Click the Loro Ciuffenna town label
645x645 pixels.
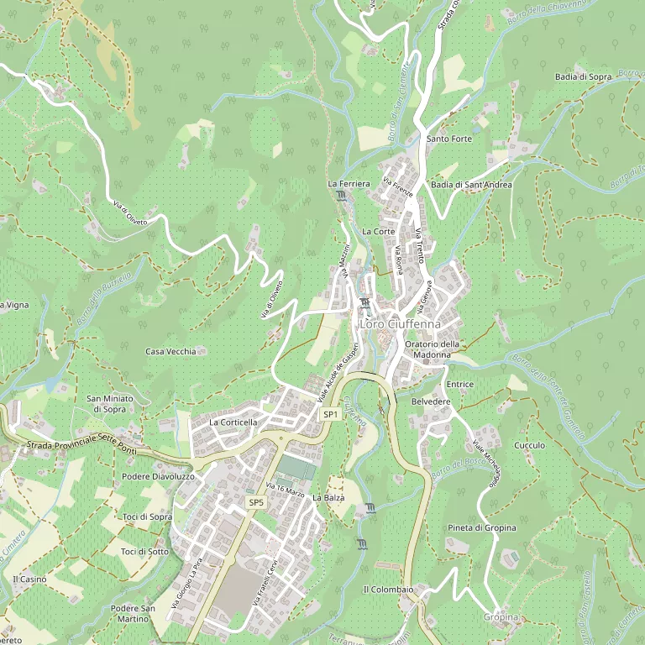(x=400, y=324)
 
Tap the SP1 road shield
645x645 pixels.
(x=330, y=415)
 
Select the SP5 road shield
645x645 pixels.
(x=256, y=502)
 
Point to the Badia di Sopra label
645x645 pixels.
(x=583, y=76)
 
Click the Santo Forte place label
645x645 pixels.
(x=449, y=139)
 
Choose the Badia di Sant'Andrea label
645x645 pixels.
(x=470, y=185)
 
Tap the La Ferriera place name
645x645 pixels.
(x=349, y=183)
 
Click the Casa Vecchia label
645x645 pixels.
(x=170, y=351)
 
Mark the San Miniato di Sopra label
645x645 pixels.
(x=107, y=404)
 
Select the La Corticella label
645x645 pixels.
(x=233, y=422)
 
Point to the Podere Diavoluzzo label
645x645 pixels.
(x=158, y=476)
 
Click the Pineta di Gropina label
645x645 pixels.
(x=481, y=527)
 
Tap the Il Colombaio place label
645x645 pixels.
(x=387, y=590)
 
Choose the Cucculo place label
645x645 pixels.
(x=529, y=445)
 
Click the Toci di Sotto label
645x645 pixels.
(x=144, y=552)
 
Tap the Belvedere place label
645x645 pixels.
(x=431, y=402)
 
